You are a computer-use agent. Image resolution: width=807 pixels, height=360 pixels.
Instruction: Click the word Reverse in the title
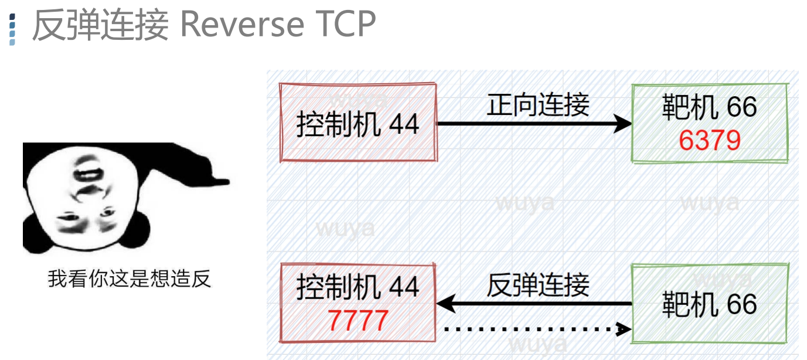click(x=241, y=25)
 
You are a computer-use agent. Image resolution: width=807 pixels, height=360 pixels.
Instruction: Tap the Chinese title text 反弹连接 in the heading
click(x=100, y=25)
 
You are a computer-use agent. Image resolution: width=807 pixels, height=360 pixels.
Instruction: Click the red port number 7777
click(x=357, y=321)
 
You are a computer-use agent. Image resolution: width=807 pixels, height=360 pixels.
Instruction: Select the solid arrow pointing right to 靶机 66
click(x=533, y=124)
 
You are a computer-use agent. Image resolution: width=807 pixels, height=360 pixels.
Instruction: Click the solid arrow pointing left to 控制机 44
click(x=533, y=304)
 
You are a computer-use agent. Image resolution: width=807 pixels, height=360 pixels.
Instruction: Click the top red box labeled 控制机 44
click(x=359, y=123)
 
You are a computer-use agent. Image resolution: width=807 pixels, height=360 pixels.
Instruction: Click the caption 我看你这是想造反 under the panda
click(x=129, y=279)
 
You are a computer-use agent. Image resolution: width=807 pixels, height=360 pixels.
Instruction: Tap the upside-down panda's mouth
click(x=88, y=175)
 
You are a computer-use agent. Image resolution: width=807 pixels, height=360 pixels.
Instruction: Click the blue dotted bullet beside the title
click(x=12, y=29)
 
